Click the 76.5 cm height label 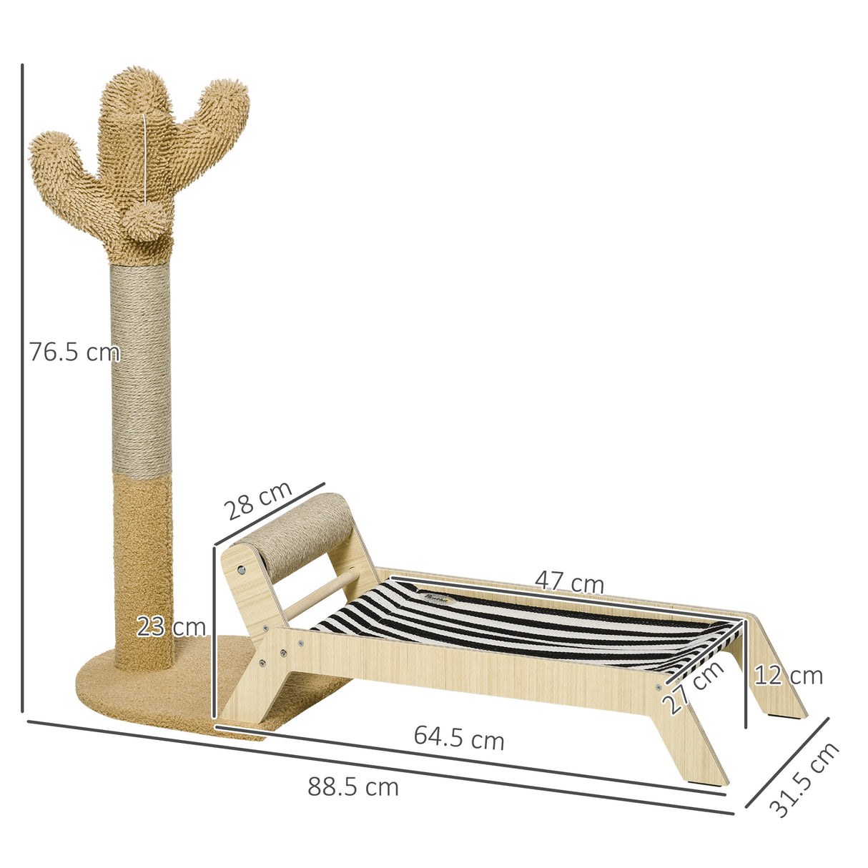coord(74,352)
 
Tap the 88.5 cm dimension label coord(353,787)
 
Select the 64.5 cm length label coord(459,737)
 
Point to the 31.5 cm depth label coord(804,779)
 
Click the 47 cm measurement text coord(570,583)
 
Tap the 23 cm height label coord(171,627)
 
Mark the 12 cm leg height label coord(789,675)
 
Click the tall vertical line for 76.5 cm coord(23,386)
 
